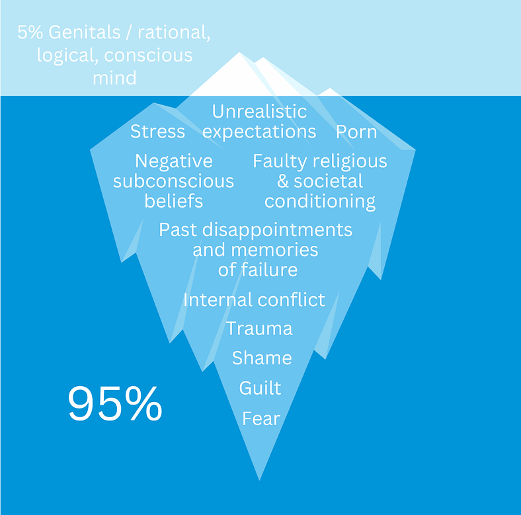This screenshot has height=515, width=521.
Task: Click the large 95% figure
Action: tap(115, 403)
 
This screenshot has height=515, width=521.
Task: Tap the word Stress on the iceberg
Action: tap(157, 132)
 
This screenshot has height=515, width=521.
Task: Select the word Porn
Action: tap(356, 132)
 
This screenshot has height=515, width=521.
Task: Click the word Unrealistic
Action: tap(259, 111)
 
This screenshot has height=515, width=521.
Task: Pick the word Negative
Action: tap(174, 161)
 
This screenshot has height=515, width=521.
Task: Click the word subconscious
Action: tap(173, 181)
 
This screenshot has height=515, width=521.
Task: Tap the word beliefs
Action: tap(174, 201)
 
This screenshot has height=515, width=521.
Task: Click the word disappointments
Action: tap(277, 230)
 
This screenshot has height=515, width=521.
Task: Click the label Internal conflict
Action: tap(254, 299)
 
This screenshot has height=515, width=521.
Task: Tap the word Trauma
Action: tap(259, 329)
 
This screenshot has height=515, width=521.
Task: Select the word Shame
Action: tap(262, 358)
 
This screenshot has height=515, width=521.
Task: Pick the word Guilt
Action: tap(260, 388)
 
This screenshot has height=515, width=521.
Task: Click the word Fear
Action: tap(261, 418)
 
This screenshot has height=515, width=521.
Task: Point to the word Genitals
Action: tap(85, 32)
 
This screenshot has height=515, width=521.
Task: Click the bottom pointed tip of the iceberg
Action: tap(259, 480)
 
